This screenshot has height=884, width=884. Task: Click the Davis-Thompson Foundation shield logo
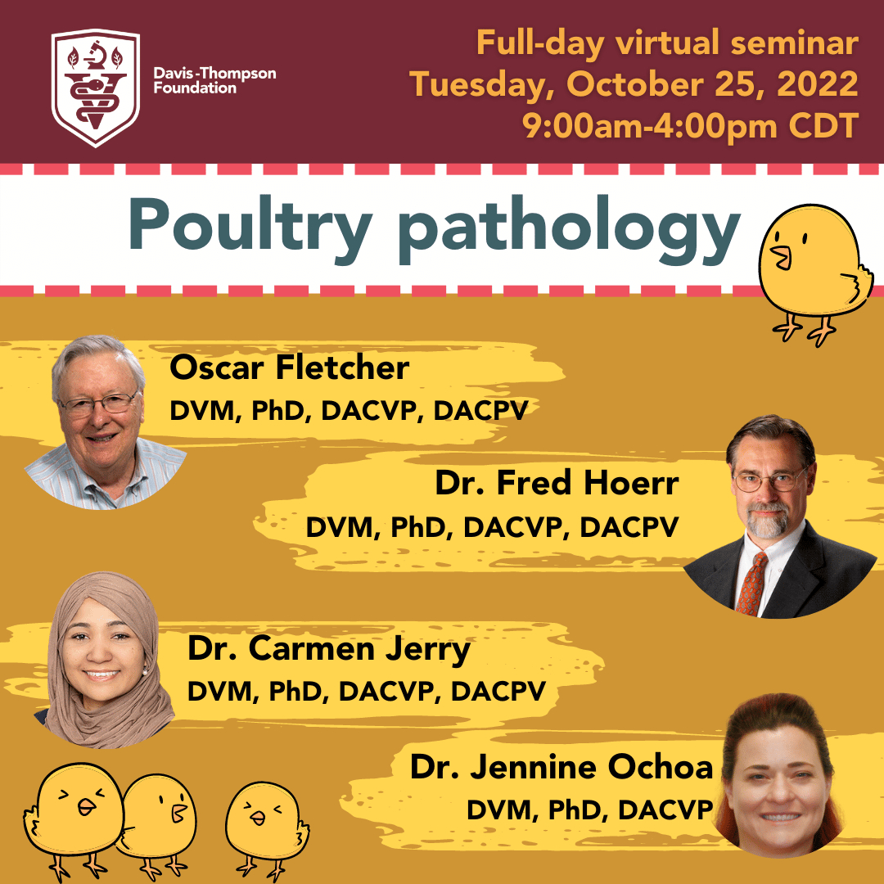point(95,88)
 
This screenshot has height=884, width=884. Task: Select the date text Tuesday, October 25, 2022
point(634,84)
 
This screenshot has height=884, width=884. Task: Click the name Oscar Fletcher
point(289,368)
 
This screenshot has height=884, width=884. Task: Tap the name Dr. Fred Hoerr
point(557,483)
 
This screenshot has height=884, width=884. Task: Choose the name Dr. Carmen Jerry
point(329,649)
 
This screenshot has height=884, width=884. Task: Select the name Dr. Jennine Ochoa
point(562,767)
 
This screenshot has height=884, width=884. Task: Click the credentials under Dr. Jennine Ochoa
point(589,810)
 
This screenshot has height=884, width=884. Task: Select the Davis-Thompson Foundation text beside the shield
point(214,80)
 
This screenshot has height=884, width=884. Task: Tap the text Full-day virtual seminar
point(668,43)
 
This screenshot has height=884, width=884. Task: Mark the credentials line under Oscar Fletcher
point(349,410)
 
